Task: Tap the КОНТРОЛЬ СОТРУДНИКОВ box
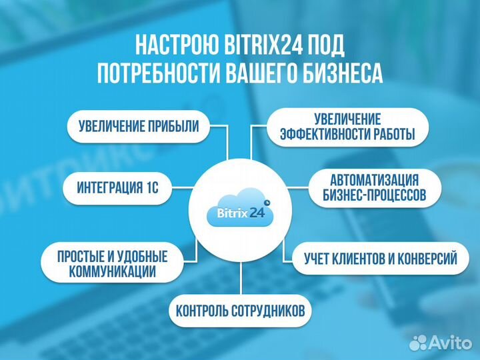coord(240,310)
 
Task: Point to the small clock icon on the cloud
coord(267,201)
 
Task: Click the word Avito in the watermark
coord(451,343)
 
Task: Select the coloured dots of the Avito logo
coord(419,343)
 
